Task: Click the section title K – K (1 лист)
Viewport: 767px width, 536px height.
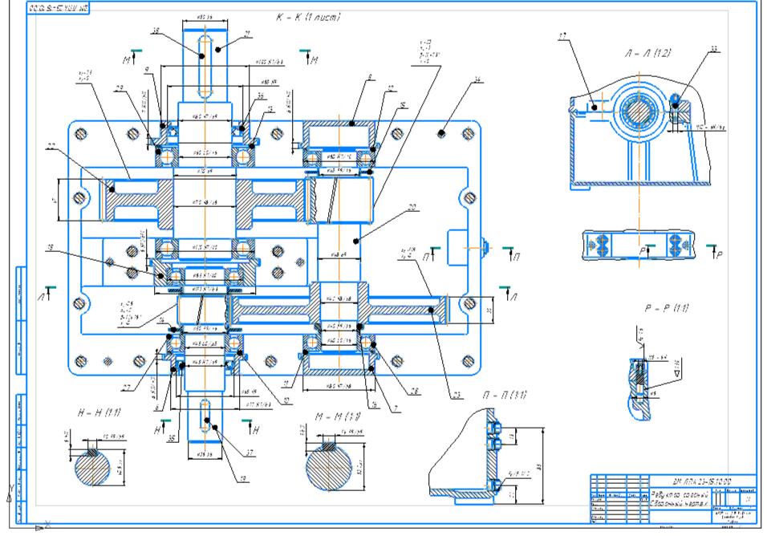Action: pyautogui.click(x=306, y=17)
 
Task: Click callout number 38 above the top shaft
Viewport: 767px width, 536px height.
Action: pyautogui.click(x=156, y=30)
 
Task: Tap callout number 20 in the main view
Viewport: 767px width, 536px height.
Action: pyautogui.click(x=412, y=207)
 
